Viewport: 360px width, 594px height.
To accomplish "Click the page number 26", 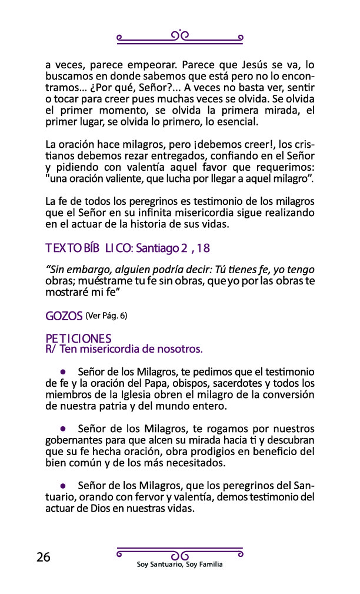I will (x=43, y=558).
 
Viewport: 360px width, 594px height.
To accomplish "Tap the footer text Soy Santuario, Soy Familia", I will (x=179, y=565).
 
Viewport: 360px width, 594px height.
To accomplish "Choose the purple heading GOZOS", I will (x=64, y=316).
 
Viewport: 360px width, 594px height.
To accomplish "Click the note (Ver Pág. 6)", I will (x=106, y=316).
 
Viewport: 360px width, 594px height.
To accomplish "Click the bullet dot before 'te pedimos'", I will (x=62, y=373).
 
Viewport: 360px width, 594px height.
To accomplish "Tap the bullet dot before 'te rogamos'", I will (x=62, y=429).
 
